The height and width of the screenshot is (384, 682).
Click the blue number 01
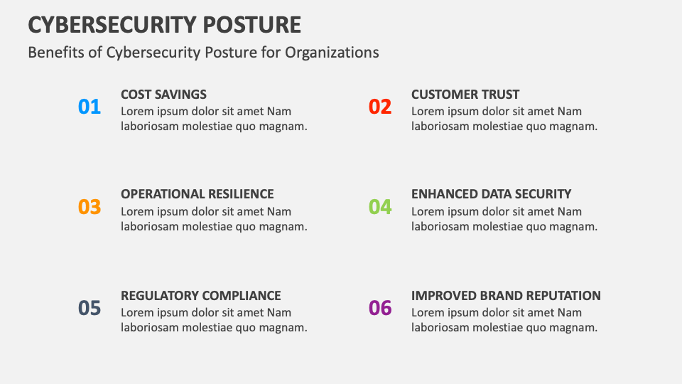tap(90, 107)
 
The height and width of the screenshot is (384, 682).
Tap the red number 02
tap(379, 107)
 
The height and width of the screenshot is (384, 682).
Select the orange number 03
tap(90, 207)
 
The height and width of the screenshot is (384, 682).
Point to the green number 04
tap(379, 207)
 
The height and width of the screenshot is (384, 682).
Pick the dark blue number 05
tap(90, 308)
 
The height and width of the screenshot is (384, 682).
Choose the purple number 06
tap(379, 308)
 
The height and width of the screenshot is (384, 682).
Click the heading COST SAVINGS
tap(163, 95)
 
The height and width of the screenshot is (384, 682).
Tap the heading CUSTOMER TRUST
tap(465, 95)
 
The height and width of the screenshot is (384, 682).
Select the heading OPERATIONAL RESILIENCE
tap(197, 194)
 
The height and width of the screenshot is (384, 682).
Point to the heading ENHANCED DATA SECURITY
tap(491, 194)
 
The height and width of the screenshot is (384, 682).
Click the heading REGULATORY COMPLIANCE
tap(200, 296)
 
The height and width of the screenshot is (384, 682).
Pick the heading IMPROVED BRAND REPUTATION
tap(506, 296)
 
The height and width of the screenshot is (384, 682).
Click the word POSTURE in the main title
tap(251, 25)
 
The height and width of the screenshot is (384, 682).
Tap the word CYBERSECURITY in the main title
tap(112, 25)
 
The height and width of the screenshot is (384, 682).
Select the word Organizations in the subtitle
tap(332, 53)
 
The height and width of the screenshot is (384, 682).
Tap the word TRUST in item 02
tap(502, 95)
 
